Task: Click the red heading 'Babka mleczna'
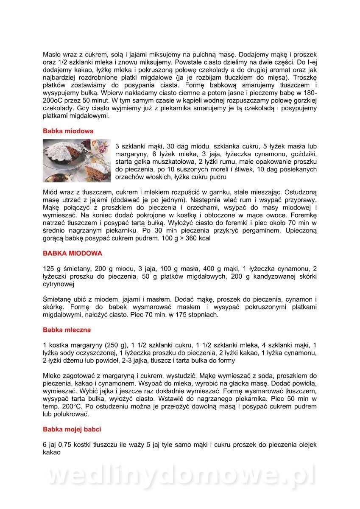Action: [67, 330]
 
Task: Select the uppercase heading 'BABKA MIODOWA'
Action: [73, 253]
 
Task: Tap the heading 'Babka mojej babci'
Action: [72, 429]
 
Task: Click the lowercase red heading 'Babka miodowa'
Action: [68, 131]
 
